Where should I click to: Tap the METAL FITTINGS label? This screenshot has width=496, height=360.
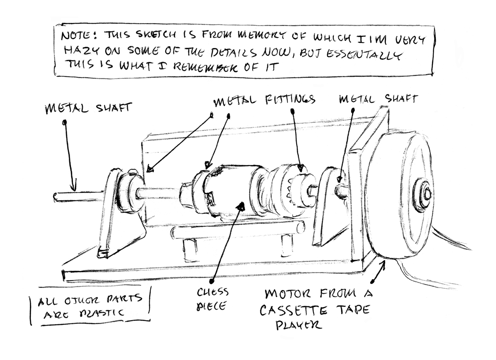[x=264, y=100]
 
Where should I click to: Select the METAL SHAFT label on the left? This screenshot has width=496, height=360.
[x=88, y=108]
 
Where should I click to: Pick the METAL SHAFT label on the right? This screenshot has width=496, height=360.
[x=378, y=98]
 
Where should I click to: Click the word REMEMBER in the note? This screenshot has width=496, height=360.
[x=208, y=67]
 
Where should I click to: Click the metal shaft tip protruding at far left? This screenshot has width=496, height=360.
[x=56, y=196]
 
